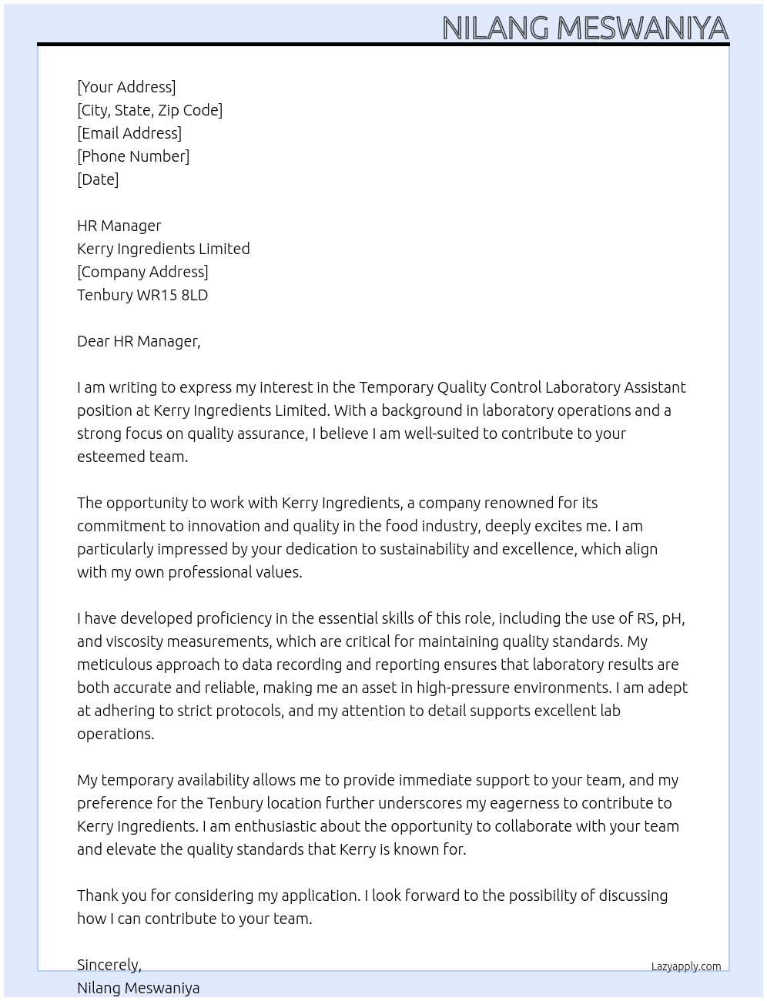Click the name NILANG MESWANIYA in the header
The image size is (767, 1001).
pos(584,28)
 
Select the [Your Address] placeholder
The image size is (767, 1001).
pos(126,87)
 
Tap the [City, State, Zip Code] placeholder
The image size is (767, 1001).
pos(149,110)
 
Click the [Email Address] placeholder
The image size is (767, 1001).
pos(129,133)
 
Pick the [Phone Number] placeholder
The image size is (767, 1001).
pos(133,156)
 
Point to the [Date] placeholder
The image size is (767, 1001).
pos(98,179)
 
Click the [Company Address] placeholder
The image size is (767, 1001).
pos(142,272)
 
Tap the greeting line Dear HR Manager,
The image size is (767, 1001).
pos(139,341)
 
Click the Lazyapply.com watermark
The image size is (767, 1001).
pos(686,966)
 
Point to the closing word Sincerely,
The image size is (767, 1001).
pos(109,965)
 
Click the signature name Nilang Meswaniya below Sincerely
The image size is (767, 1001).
pos(139,988)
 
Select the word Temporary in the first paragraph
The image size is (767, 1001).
pos(396,387)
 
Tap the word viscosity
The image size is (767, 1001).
pos(131,641)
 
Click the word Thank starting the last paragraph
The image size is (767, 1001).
pos(99,896)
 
